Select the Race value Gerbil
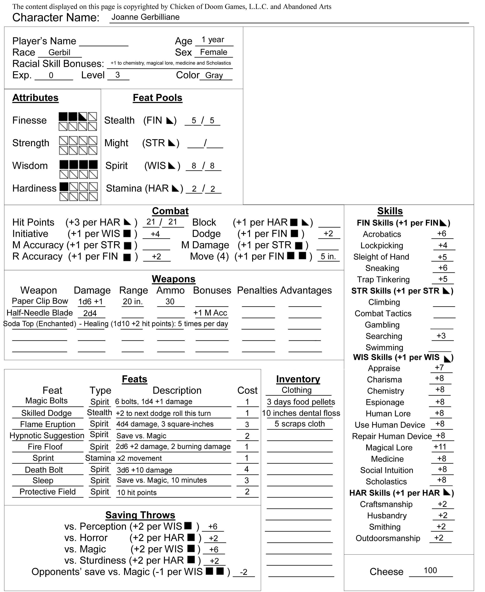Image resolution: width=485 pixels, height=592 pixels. pos(59,53)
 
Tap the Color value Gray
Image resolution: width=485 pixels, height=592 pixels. pos(214,75)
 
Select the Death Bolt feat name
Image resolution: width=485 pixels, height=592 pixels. pos(44,470)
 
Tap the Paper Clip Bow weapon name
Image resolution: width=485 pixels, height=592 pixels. pos(40,301)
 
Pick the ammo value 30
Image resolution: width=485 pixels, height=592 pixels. pos(170,302)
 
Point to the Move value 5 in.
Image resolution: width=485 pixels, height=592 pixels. pos(328,257)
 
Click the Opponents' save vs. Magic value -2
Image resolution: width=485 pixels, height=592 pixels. pos(244,572)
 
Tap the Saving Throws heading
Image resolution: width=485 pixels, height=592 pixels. pos(140,515)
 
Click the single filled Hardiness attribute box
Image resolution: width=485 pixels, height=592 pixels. pos(64,187)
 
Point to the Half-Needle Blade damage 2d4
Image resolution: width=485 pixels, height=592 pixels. pos(90,313)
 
